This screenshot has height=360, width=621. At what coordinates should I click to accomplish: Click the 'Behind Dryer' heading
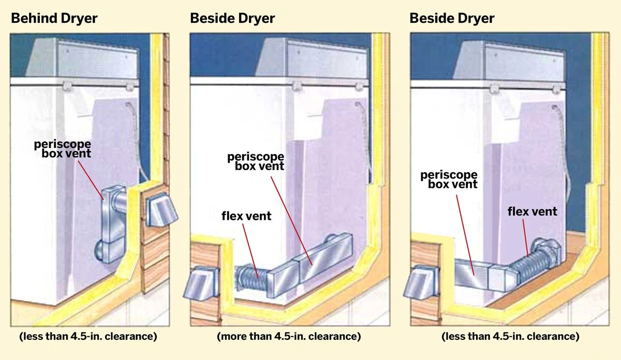coord(54,19)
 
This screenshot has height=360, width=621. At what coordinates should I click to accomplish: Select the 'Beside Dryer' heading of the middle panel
coord(232,19)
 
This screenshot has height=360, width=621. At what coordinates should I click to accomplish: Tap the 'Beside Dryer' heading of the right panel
coord(452,19)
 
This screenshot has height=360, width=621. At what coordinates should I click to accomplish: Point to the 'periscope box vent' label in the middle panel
coord(256,161)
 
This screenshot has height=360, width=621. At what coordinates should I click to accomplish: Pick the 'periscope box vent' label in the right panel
coord(449,179)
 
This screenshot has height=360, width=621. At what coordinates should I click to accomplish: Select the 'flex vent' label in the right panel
coord(532,211)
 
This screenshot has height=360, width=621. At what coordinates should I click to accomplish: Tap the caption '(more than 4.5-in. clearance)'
coord(289,337)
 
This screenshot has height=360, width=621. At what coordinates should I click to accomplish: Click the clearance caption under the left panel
coord(88,337)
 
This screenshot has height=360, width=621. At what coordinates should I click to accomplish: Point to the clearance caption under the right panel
coord(510,337)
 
